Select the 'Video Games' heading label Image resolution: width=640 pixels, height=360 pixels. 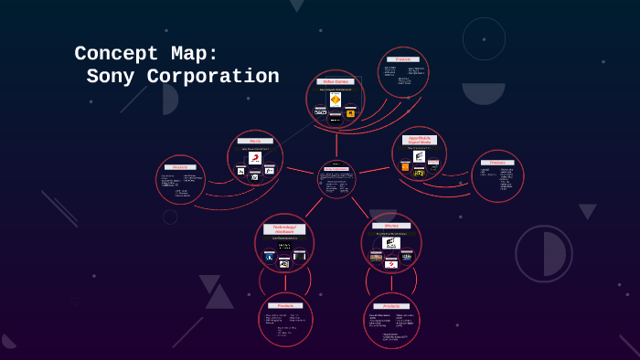[336, 81]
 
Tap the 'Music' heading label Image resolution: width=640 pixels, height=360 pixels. [255, 141]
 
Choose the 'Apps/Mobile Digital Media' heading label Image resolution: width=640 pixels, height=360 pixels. [420, 140]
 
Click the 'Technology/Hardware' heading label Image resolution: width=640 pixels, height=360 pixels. [284, 228]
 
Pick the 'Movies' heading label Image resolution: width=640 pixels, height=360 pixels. [391, 225]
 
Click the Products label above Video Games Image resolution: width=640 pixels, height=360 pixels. [403, 58]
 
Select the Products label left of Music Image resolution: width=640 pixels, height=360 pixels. [180, 166]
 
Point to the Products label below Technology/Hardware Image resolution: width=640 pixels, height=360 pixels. [285, 305]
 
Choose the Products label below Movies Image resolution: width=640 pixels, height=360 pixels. [391, 306]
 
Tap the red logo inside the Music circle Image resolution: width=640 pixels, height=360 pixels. [255, 158]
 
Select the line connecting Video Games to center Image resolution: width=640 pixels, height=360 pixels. [336, 143]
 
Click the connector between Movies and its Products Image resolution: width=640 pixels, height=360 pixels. [391, 284]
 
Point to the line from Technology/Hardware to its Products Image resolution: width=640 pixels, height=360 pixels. [285, 283]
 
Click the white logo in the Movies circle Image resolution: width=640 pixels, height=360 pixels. [390, 243]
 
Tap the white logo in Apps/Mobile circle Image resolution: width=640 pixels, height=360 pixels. [419, 156]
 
